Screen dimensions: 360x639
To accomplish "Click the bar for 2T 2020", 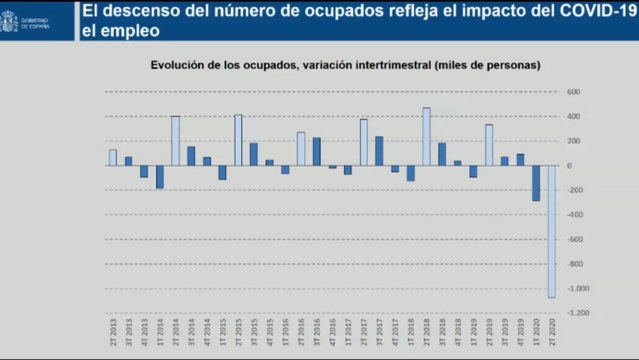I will click(551, 231).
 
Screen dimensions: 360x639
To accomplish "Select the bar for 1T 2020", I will click(536, 183).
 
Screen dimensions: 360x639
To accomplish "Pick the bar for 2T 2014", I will click(175, 140).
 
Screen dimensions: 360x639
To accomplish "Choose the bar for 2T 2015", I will click(238, 140).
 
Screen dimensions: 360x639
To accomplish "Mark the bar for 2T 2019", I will click(489, 145).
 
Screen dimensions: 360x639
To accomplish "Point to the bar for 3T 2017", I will click(379, 150).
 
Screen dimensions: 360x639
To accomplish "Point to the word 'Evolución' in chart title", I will click(179, 65).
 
